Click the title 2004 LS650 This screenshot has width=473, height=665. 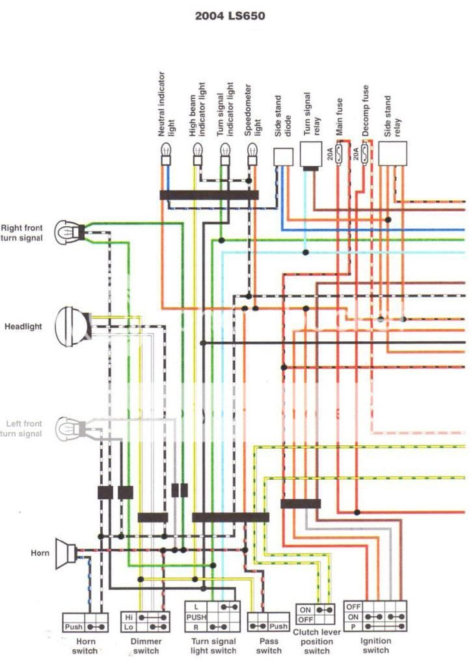(230, 16)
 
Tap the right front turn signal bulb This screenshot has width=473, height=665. (66, 231)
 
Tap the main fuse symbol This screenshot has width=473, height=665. (339, 154)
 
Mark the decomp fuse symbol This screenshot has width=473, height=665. (366, 154)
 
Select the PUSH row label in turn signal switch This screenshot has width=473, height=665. (196, 616)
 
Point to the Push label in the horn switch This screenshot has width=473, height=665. (74, 627)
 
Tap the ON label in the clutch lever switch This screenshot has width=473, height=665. (305, 610)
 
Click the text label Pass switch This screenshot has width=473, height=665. (269, 646)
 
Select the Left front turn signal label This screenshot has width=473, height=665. (24, 428)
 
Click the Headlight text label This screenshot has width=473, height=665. (23, 326)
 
